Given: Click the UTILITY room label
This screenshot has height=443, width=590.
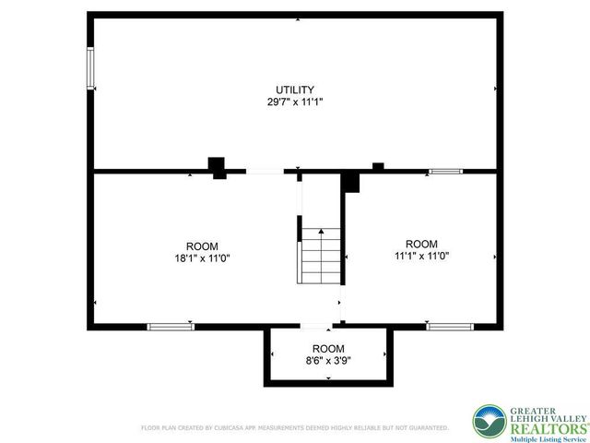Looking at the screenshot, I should (x=294, y=89).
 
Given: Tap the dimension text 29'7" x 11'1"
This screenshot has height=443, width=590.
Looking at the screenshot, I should (x=294, y=102).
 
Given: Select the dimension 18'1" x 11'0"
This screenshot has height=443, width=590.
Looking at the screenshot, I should (x=202, y=258).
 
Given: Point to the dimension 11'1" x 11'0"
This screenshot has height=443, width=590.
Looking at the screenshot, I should (x=422, y=256).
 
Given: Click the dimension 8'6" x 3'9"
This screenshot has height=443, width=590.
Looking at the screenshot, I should (x=328, y=361).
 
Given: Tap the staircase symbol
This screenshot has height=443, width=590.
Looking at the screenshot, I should (x=319, y=256).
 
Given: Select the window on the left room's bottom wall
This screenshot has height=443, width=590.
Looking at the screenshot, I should (x=171, y=325).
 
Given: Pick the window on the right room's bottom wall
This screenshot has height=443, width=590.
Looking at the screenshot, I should (x=450, y=325).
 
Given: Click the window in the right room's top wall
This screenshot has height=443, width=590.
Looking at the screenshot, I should (x=444, y=171).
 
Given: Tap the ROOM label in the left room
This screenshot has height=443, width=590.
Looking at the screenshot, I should (x=202, y=245).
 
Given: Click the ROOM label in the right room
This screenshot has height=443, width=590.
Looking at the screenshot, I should (x=422, y=244).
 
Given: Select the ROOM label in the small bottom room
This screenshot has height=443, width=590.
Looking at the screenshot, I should (x=328, y=348).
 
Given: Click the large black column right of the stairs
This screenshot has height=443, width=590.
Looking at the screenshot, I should (x=350, y=182).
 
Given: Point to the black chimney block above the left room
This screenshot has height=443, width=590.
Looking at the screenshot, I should (x=218, y=167).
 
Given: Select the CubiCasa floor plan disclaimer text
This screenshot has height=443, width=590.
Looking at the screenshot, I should (x=294, y=427).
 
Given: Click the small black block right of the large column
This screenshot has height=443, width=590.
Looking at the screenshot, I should (x=378, y=166).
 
